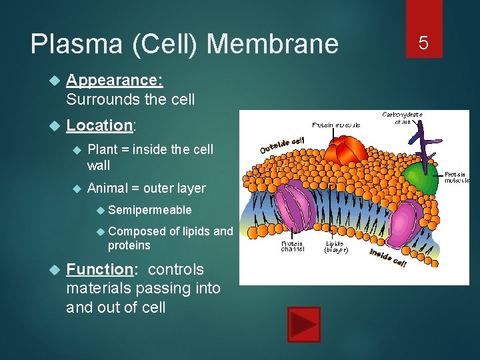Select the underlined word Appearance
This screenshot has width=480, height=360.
point(114,80)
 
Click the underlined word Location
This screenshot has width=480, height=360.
point(100,125)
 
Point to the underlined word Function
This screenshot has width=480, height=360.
point(100,269)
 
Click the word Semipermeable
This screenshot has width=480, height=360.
point(149,210)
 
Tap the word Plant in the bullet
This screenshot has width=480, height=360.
point(103,149)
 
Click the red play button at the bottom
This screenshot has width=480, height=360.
point(304,325)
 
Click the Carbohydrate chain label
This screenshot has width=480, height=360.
point(402,117)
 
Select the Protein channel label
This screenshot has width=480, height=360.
point(293,247)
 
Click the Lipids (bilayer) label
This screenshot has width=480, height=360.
point(336,247)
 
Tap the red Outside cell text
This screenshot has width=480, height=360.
point(282,143)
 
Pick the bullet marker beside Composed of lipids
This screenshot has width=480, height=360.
point(101,231)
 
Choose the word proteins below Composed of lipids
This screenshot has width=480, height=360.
point(129,245)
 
